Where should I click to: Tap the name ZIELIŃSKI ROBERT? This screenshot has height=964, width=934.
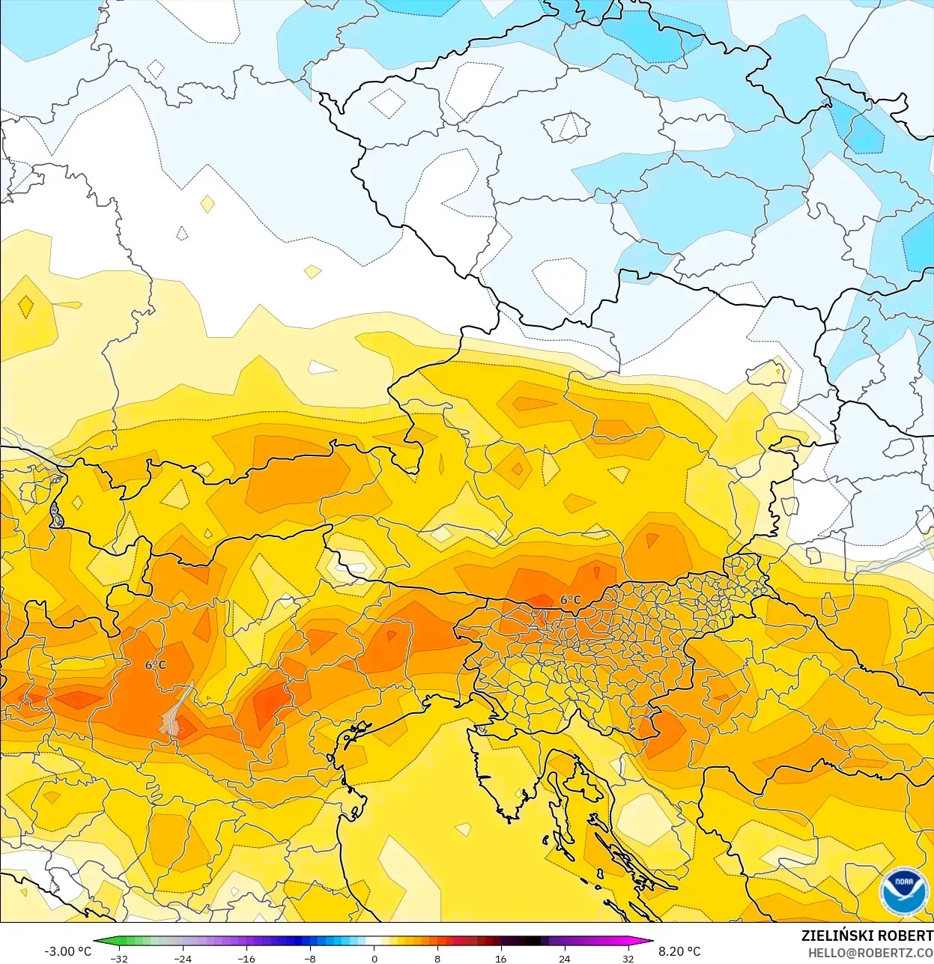(x=867, y=936)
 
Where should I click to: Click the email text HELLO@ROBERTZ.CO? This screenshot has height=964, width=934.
(x=870, y=952)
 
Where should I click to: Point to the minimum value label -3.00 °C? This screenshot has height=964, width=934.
(x=67, y=951)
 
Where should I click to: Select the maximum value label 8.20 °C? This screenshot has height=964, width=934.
(x=679, y=951)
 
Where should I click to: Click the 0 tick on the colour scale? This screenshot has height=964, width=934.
(x=374, y=959)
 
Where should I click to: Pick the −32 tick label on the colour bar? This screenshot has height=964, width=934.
(x=118, y=959)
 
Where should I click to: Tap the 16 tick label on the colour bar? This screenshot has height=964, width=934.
(x=500, y=959)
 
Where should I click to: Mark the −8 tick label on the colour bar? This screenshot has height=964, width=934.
(x=309, y=959)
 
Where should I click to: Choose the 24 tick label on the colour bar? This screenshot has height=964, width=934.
(x=564, y=959)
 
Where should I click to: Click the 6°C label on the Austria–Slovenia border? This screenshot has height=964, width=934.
(x=571, y=600)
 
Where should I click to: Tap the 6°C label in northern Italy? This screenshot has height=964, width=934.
(x=156, y=665)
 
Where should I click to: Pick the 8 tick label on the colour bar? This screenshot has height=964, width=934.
(x=437, y=959)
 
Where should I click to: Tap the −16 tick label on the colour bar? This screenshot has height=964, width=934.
(x=246, y=959)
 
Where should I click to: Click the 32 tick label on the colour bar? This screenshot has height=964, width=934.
(x=628, y=959)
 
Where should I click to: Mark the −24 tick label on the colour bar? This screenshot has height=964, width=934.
(x=182, y=959)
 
